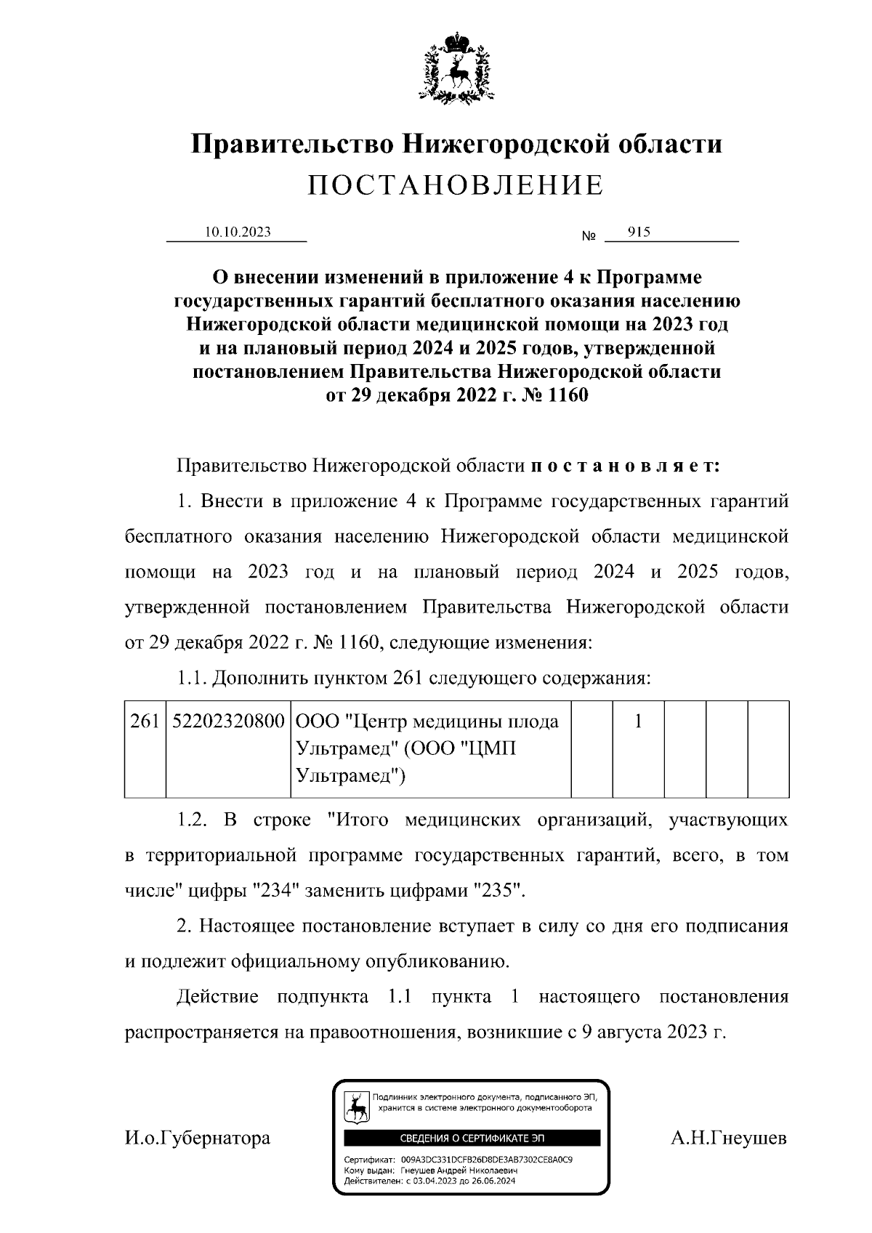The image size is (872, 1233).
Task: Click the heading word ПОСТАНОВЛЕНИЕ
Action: coord(456,185)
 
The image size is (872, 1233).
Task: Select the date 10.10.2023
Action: coord(238,232)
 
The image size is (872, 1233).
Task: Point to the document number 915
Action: coord(639,232)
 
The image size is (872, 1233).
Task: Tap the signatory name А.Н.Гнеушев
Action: coord(729,1138)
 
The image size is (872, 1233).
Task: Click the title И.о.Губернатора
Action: coord(197,1138)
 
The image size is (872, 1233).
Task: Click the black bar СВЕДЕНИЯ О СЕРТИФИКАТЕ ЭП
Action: coord(472,1138)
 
